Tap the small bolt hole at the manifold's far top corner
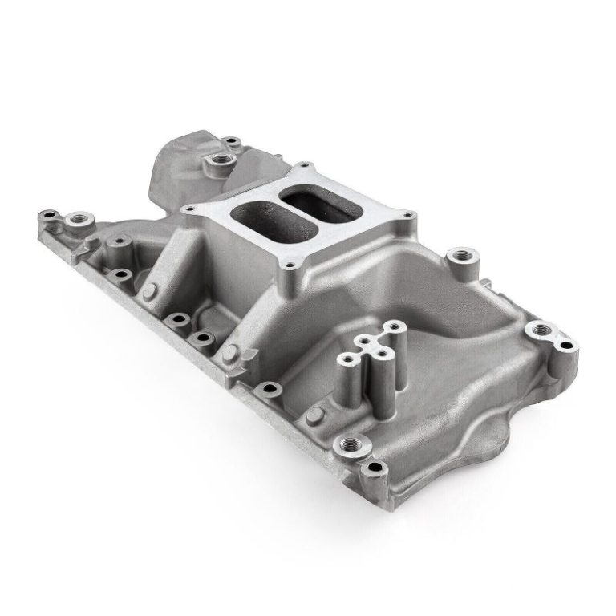pos(231,142)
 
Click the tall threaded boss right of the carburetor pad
pos(463,258)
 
